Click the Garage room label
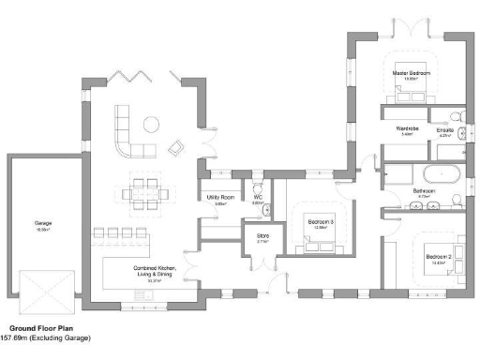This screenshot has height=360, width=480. pyautogui.click(x=43, y=222)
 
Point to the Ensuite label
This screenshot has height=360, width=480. pyautogui.click(x=445, y=129)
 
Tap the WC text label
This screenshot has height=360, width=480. pyautogui.click(x=257, y=197)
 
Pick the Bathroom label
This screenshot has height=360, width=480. pyautogui.click(x=424, y=190)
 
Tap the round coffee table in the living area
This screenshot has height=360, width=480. pyautogui.click(x=150, y=123)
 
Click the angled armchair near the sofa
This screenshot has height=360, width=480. pyautogui.click(x=175, y=147)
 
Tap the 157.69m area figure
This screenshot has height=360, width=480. pyautogui.click(x=13, y=337)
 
